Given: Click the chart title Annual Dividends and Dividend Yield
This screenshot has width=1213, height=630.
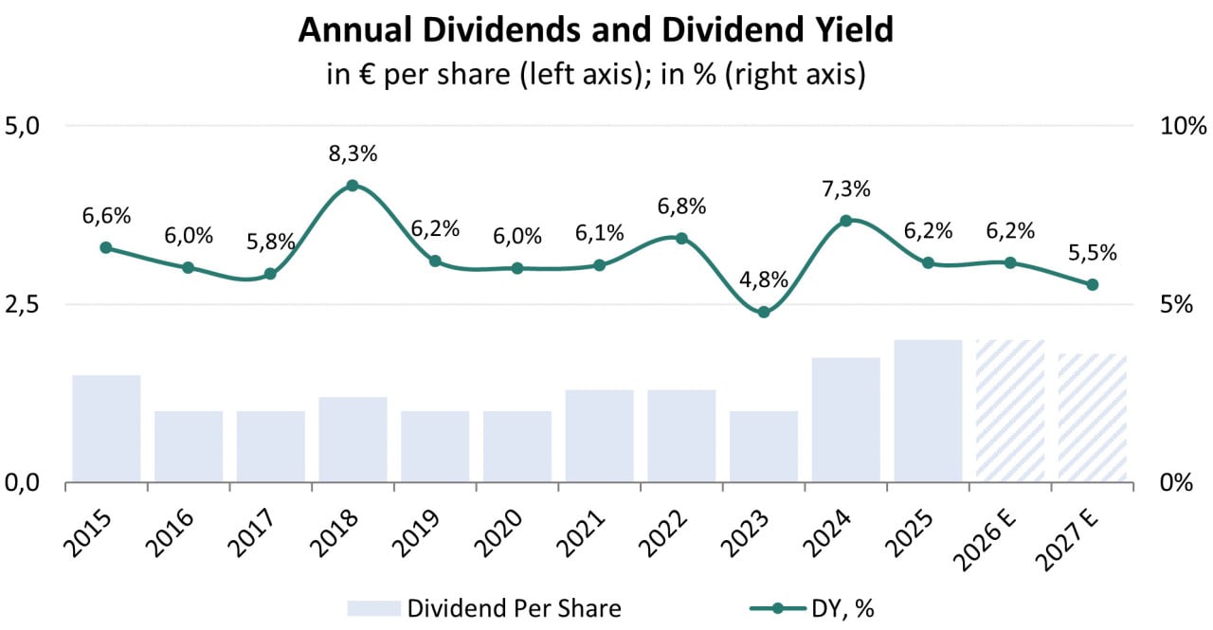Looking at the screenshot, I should (x=596, y=30).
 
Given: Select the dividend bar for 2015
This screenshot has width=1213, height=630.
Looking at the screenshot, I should (x=106, y=428).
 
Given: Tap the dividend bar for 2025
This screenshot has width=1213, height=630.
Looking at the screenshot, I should (x=928, y=410).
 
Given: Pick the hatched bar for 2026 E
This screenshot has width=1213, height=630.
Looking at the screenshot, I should (x=1010, y=410).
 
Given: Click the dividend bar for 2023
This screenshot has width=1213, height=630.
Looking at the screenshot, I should (x=764, y=446).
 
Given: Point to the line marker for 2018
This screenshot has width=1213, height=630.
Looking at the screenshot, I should (x=353, y=186).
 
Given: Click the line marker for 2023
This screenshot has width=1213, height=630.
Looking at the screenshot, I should (x=764, y=312).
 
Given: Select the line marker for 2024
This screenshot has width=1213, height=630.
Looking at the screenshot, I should (x=846, y=221).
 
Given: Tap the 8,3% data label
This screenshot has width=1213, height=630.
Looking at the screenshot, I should (x=353, y=153).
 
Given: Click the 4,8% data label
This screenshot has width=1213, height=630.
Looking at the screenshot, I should (x=764, y=280).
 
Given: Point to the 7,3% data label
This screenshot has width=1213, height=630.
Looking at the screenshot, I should (x=846, y=189).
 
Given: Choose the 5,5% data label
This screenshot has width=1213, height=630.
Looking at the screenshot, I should (x=1092, y=253).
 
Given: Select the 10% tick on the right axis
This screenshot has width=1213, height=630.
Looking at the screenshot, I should (x=1181, y=125).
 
